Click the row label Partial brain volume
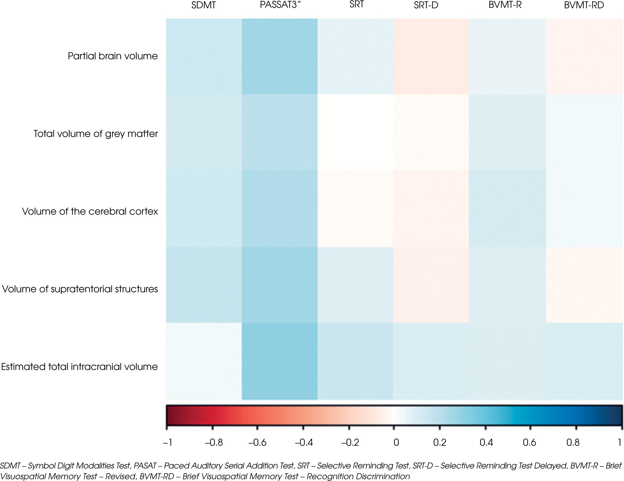tap(113, 56)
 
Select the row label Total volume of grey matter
tap(96, 134)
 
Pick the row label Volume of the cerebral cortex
tap(90, 211)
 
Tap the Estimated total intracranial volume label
tap(80, 367)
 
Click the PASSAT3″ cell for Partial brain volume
tap(279, 56)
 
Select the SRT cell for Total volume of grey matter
tap(355, 133)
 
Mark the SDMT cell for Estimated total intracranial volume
tap(204, 361)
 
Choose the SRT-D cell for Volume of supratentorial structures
tap(431, 285)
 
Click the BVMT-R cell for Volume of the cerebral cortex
tap(507, 209)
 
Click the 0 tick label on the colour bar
tap(396, 443)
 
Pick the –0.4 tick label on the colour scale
tap(304, 443)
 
